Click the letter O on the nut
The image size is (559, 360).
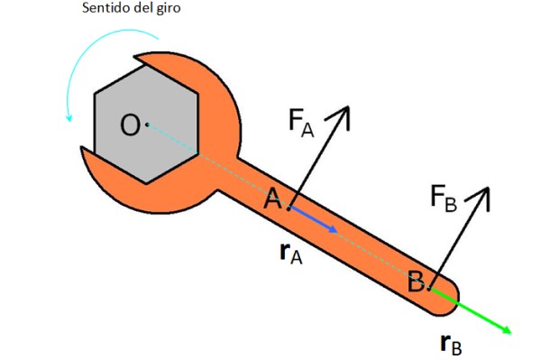(130, 125)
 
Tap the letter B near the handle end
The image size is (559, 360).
(416, 282)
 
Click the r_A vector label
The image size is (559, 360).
(291, 254)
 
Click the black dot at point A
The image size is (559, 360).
(289, 208)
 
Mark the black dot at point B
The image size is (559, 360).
(429, 289)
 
